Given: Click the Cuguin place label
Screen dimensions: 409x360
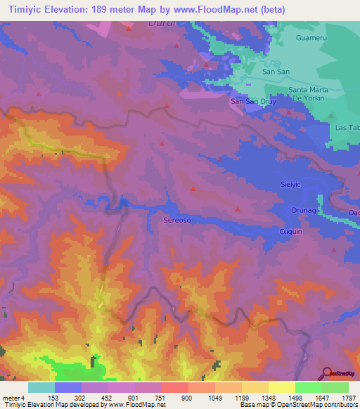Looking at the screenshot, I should point(290,231).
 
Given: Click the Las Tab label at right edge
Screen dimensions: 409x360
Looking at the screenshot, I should point(347,128).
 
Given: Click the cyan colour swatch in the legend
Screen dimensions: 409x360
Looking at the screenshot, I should point(41,387).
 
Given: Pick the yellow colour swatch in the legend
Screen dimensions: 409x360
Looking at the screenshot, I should point(281,387).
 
